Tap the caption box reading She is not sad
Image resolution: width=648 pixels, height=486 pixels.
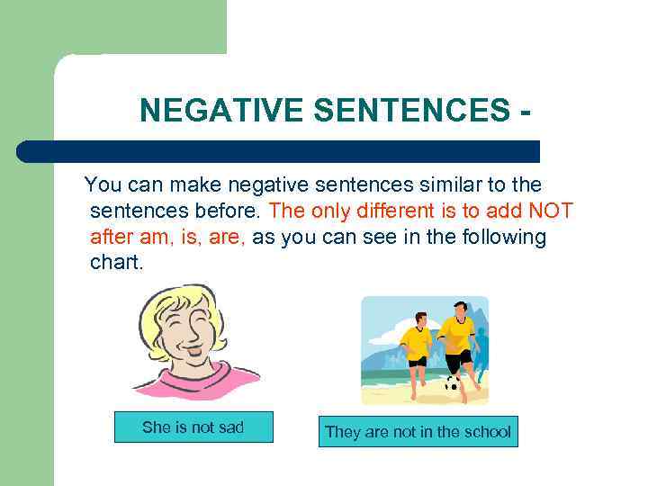(193, 427)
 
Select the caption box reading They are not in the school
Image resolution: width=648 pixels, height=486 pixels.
(418, 432)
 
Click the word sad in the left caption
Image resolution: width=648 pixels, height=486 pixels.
(229, 427)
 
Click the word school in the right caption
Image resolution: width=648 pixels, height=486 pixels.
(484, 432)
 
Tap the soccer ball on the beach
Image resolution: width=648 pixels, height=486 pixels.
(453, 384)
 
